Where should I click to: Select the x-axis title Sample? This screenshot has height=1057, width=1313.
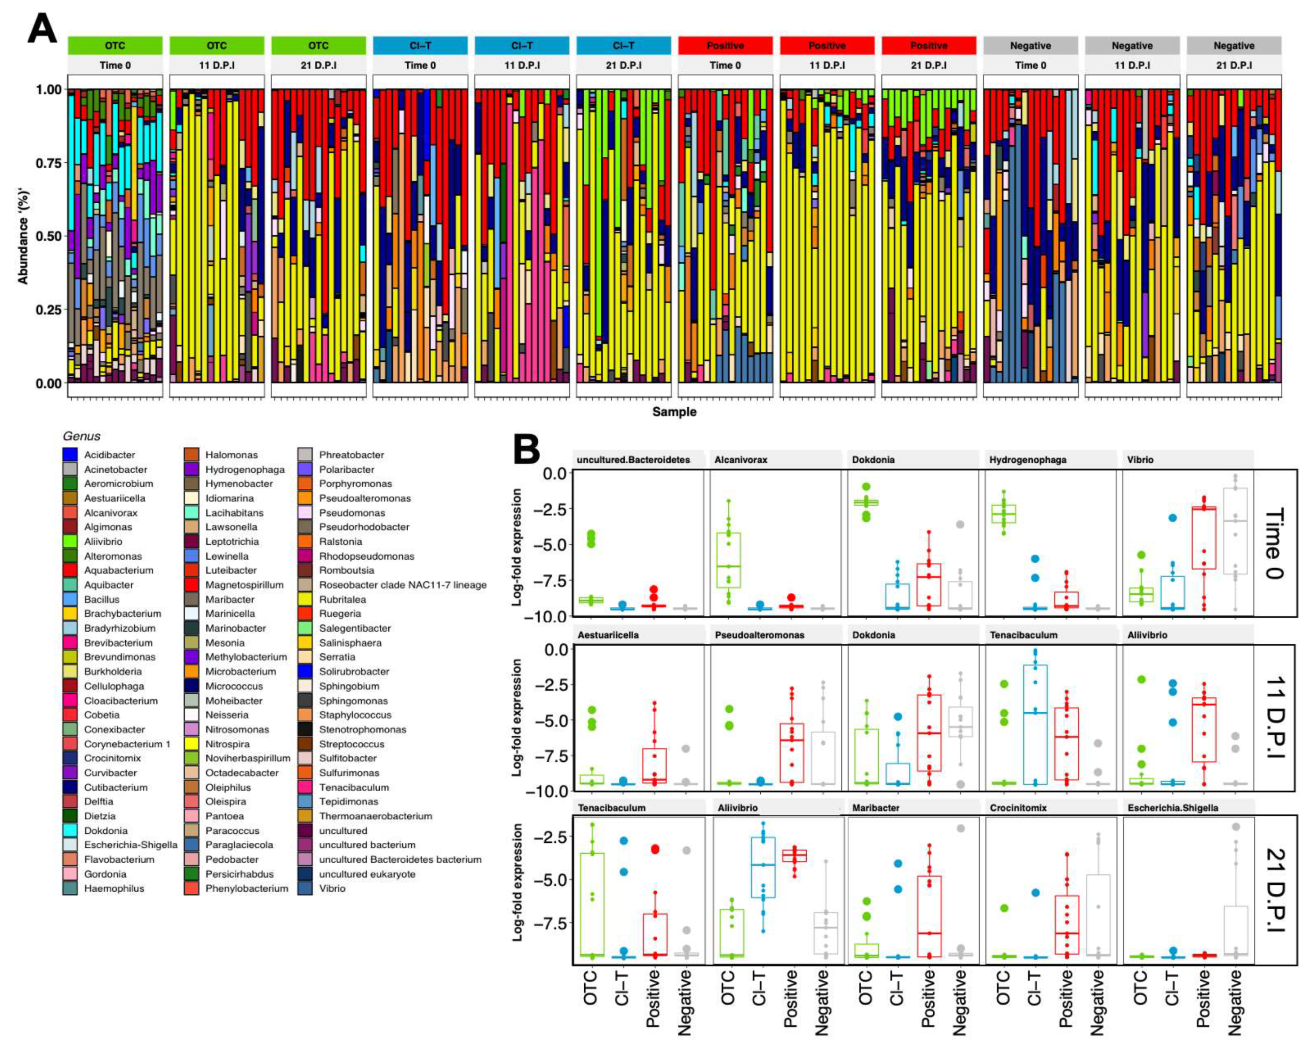coord(674,412)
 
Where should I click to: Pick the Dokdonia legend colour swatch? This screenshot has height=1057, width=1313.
coord(70,830)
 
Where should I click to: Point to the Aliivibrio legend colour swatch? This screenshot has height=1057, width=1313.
coord(70,541)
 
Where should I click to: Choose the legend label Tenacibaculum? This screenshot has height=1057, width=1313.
coord(354,787)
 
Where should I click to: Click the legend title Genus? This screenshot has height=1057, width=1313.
coord(81,436)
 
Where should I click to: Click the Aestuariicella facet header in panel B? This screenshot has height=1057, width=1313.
coord(608,635)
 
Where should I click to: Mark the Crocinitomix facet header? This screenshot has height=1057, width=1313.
coord(1018,808)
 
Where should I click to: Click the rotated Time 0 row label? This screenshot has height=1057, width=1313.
coord(1274,543)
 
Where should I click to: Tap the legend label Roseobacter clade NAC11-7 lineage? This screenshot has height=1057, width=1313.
coord(403,585)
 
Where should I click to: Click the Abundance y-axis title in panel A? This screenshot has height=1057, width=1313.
coord(23,236)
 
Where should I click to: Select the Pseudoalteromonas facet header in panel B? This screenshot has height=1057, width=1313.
coord(759,635)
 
